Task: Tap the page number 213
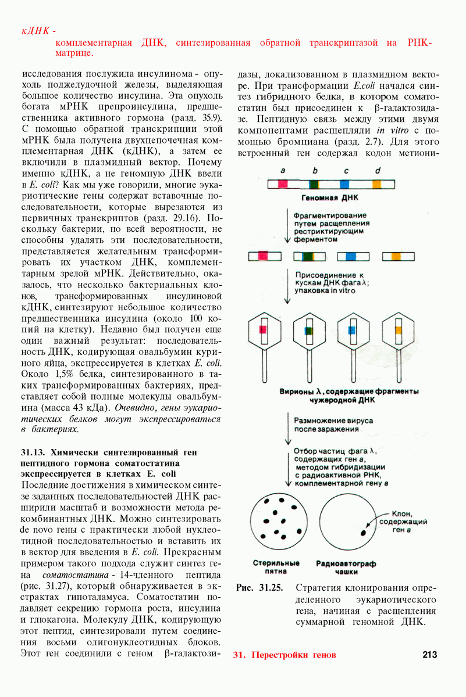pyautogui.click(x=430, y=655)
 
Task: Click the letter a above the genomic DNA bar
pyautogui.click(x=282, y=171)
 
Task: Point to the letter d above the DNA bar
pyautogui.click(x=378, y=171)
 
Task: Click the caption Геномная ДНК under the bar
pyautogui.click(x=330, y=197)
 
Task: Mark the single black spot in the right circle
pyautogui.click(x=364, y=531)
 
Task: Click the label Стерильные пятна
pyautogui.click(x=276, y=567)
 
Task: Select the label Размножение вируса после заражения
pyautogui.click(x=333, y=424)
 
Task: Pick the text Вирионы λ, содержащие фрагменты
pyautogui.click(x=350, y=392)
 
